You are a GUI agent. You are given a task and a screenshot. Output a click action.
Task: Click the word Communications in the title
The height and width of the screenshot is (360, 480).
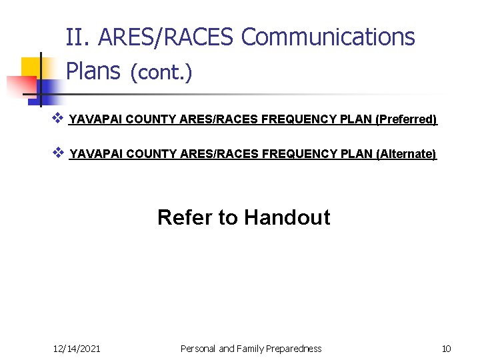click(x=327, y=37)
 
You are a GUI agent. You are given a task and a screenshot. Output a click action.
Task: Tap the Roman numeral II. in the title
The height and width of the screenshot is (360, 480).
click(x=79, y=37)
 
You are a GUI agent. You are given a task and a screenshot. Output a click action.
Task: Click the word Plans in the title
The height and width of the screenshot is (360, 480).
click(x=93, y=70)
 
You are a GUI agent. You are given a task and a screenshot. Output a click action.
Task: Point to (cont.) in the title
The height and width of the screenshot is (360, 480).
click(x=161, y=72)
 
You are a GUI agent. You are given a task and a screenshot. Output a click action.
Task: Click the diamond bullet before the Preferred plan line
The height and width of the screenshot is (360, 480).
click(x=57, y=119)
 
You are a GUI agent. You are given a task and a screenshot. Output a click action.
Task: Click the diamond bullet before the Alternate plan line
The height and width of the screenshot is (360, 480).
click(x=57, y=153)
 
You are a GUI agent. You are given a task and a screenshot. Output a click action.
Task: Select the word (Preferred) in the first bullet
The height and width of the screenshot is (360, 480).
click(x=406, y=119)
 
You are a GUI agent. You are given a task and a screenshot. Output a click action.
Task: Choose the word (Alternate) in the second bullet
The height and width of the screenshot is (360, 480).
click(x=406, y=154)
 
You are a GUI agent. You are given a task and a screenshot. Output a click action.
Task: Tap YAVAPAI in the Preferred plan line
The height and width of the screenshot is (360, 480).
click(x=96, y=119)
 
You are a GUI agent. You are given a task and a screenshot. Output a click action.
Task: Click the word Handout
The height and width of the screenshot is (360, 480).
click(x=287, y=217)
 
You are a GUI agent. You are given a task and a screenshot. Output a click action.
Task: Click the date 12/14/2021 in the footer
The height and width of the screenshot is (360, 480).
click(x=77, y=348)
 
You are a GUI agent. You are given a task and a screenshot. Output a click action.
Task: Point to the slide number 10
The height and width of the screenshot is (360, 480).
click(x=446, y=348)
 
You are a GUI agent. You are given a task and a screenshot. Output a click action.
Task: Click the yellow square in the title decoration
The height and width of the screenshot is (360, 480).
click(x=31, y=67)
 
